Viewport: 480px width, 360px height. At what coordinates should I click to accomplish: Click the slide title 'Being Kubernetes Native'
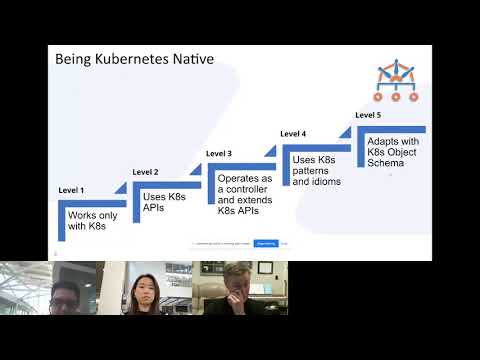133,60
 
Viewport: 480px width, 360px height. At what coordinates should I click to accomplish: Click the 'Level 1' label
71,190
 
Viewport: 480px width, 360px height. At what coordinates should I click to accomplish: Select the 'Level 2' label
145,172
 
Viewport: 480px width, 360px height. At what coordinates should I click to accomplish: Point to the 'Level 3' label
219,153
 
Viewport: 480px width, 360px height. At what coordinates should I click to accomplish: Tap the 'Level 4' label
293,133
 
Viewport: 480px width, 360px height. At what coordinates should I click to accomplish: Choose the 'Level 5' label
368,115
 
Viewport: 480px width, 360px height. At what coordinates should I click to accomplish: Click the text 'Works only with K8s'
87,220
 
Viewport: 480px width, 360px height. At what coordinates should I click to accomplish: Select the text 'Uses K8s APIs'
157,201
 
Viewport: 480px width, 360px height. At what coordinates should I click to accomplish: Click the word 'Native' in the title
191,60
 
